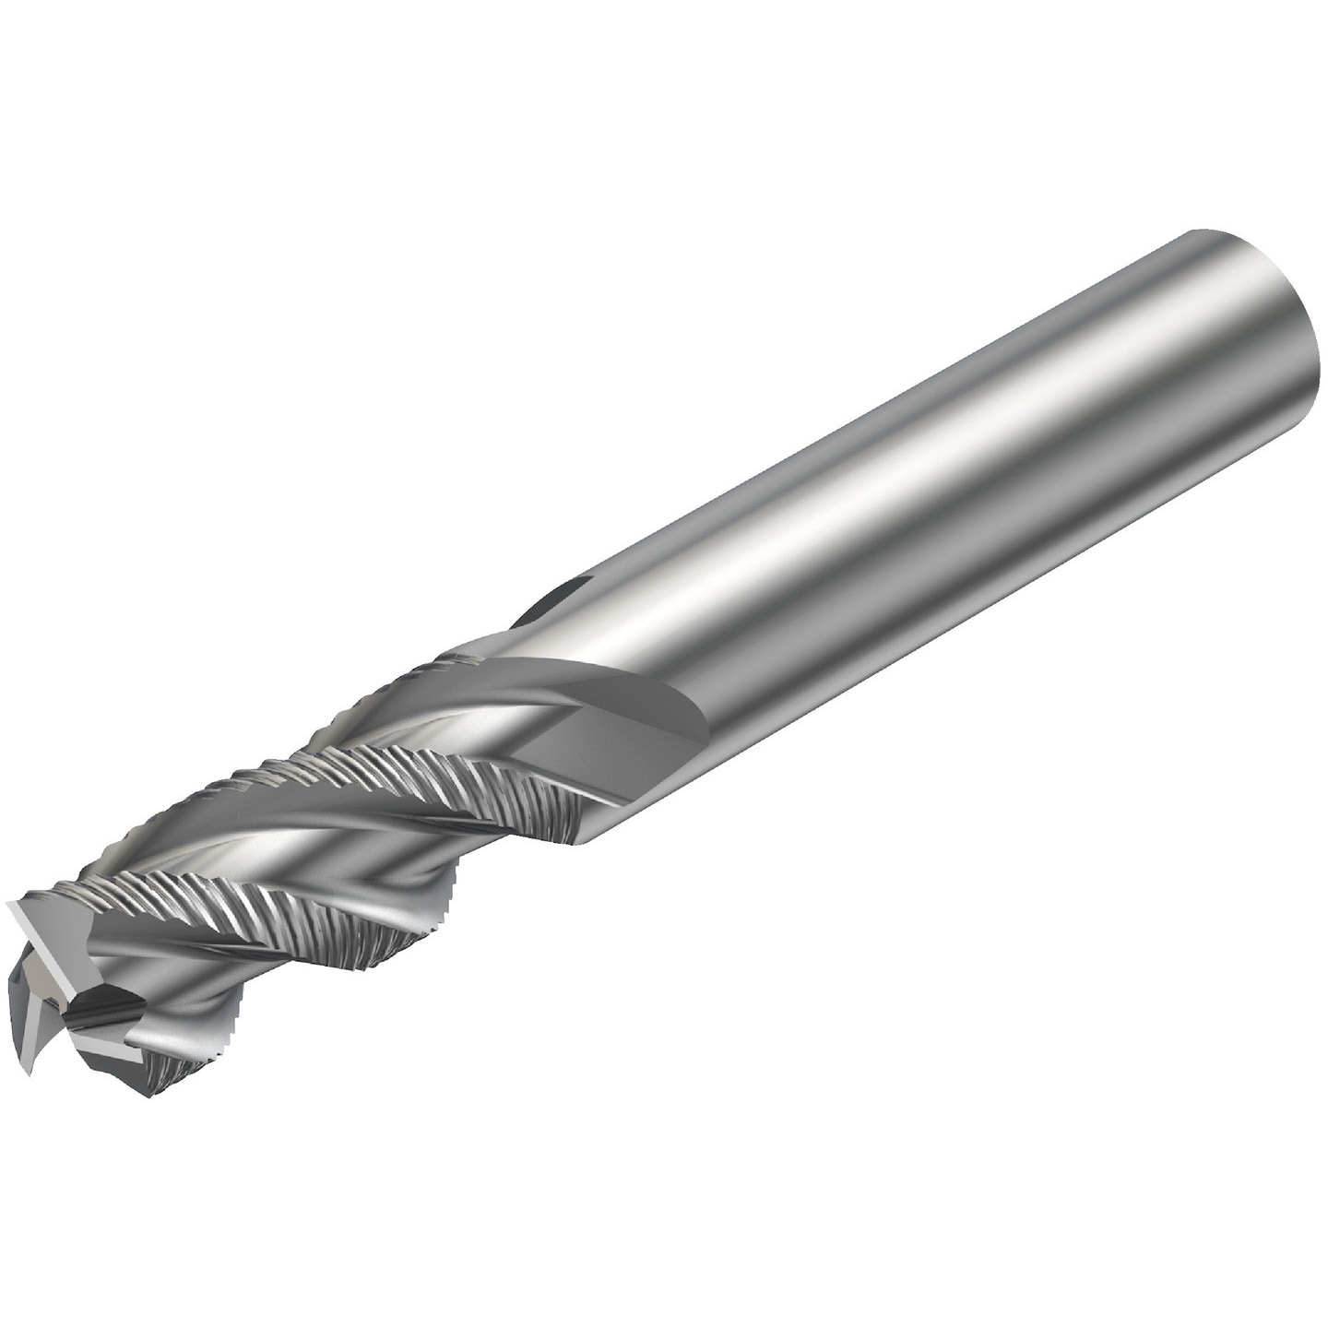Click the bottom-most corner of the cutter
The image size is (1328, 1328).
click(148, 1097)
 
